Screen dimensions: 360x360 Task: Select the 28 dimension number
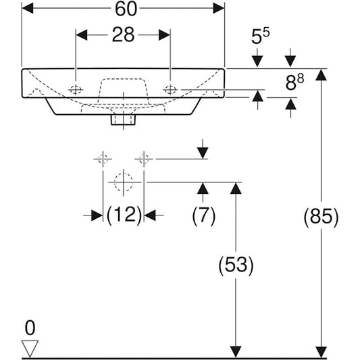(x=122, y=36)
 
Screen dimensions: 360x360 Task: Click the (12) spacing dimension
(x=124, y=215)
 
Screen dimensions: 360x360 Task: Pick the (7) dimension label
(x=203, y=215)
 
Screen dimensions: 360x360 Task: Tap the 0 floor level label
(x=28, y=329)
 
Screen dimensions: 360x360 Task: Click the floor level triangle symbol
(x=30, y=348)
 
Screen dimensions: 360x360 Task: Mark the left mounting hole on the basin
(x=76, y=89)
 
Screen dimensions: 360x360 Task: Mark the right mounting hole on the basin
(x=170, y=89)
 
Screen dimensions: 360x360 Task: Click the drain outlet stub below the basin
(x=123, y=120)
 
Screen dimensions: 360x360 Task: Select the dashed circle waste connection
(x=123, y=182)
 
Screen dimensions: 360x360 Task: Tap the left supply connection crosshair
(x=103, y=159)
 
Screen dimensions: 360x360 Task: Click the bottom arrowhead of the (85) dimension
(x=322, y=351)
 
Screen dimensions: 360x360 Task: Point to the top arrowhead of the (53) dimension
(x=235, y=187)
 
